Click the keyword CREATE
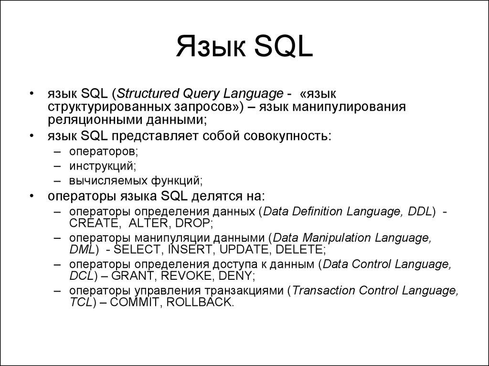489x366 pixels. pos(93,223)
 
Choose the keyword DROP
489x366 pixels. pos(192,223)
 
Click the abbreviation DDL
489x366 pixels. pos(420,211)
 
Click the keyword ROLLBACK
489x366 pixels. pos(200,302)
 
